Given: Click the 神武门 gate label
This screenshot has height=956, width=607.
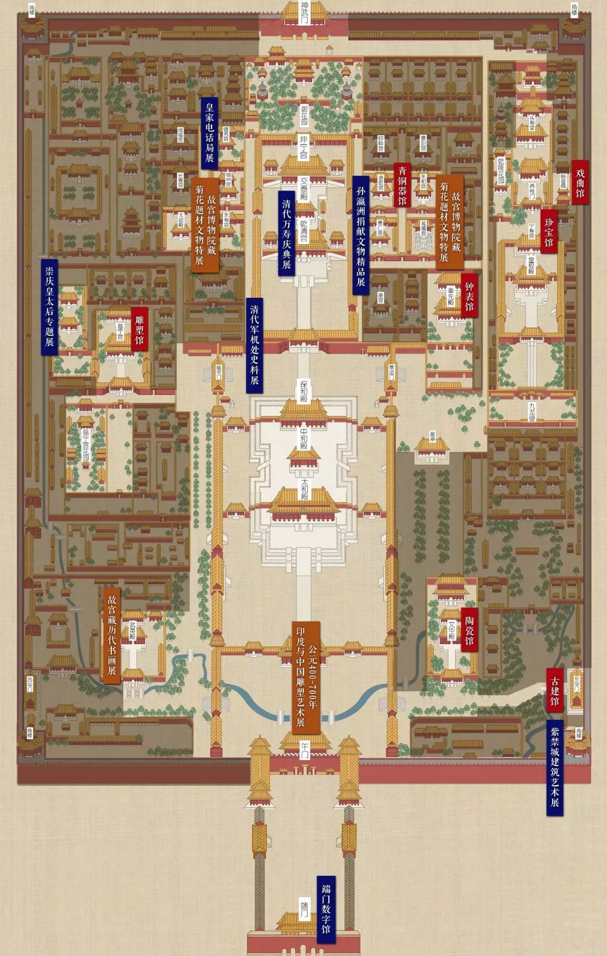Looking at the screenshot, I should point(304,14).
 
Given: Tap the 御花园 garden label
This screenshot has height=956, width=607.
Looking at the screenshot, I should point(304,115).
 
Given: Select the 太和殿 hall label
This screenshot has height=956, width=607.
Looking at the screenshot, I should point(304,489).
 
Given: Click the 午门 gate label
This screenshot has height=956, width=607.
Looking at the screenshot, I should point(304,751).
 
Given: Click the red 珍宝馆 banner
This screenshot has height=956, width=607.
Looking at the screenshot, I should point(549,232).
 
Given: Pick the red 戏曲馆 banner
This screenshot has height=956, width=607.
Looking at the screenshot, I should point(579,182).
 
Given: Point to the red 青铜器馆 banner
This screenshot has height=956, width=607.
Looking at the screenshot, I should point(402,185).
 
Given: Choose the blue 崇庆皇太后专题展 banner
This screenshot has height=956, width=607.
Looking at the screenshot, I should point(49,306).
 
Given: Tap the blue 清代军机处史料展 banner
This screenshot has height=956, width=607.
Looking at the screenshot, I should point(254,345).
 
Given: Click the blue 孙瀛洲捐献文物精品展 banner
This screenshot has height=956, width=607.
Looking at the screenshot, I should point(361,236).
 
